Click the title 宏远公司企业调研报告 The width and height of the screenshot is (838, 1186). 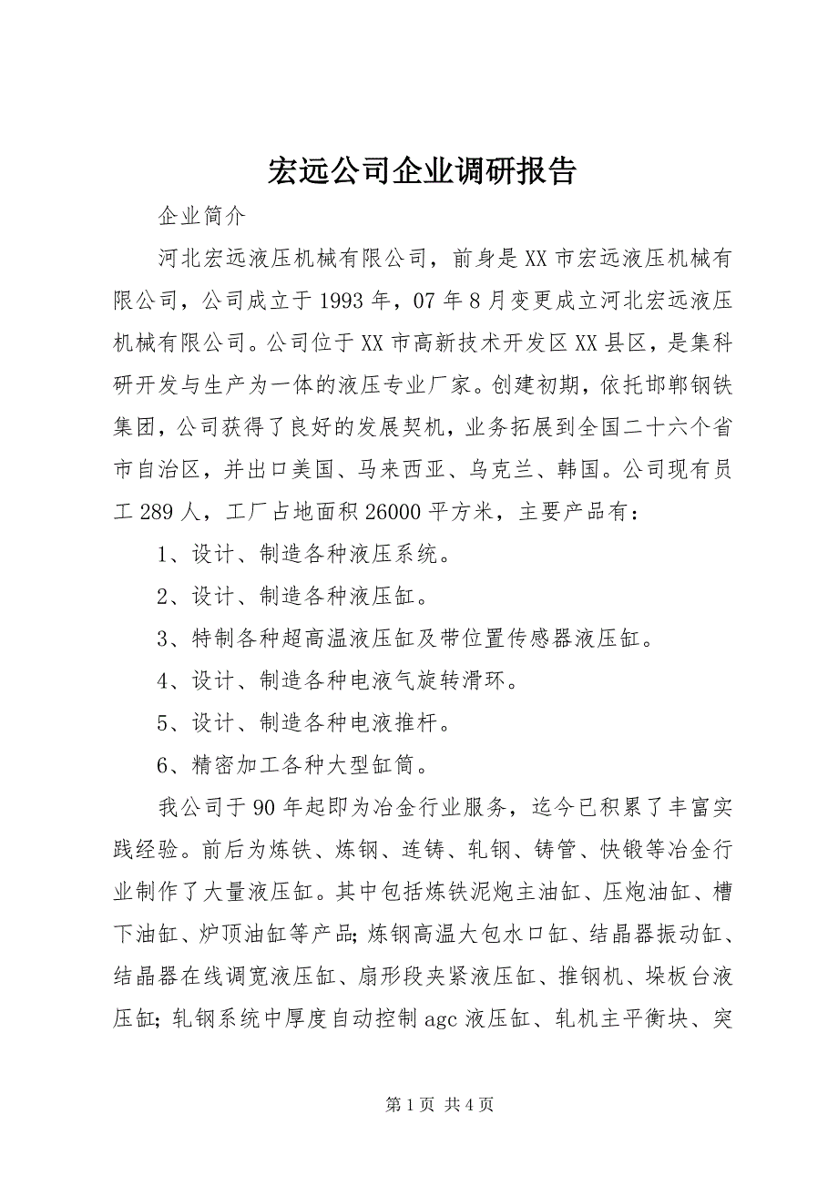tap(422, 169)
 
